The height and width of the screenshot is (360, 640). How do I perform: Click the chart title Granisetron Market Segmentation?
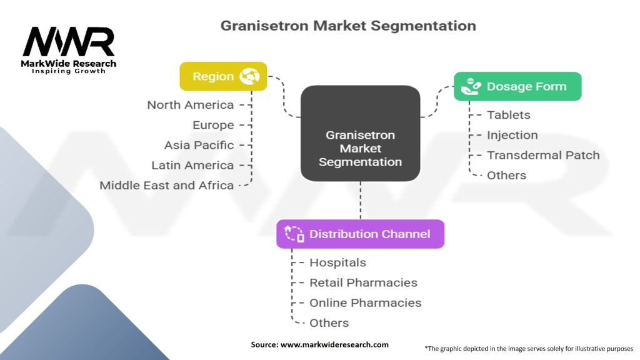348,26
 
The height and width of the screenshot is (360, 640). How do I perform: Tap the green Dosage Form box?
517,86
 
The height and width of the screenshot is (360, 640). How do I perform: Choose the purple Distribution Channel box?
361,234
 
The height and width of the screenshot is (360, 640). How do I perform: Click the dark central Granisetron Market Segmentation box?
360,148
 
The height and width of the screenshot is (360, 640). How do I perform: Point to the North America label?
191,105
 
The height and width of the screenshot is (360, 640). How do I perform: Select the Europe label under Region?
213,125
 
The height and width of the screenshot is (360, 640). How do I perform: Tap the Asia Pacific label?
199,145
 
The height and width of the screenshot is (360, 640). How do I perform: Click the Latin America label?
192,165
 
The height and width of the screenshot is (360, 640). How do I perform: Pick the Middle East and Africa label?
167,185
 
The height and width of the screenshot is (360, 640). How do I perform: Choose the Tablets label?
508,115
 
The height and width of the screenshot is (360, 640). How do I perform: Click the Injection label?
512,135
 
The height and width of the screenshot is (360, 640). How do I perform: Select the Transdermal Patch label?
543,155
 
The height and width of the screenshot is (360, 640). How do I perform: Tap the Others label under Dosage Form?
506,175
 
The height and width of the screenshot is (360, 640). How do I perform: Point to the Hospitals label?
337,262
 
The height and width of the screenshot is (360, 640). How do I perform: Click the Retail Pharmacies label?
363,282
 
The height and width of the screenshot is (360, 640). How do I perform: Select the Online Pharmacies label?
365,302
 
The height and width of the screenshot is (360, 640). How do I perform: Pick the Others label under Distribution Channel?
329,322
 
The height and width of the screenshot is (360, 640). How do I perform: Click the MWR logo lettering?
69,42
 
